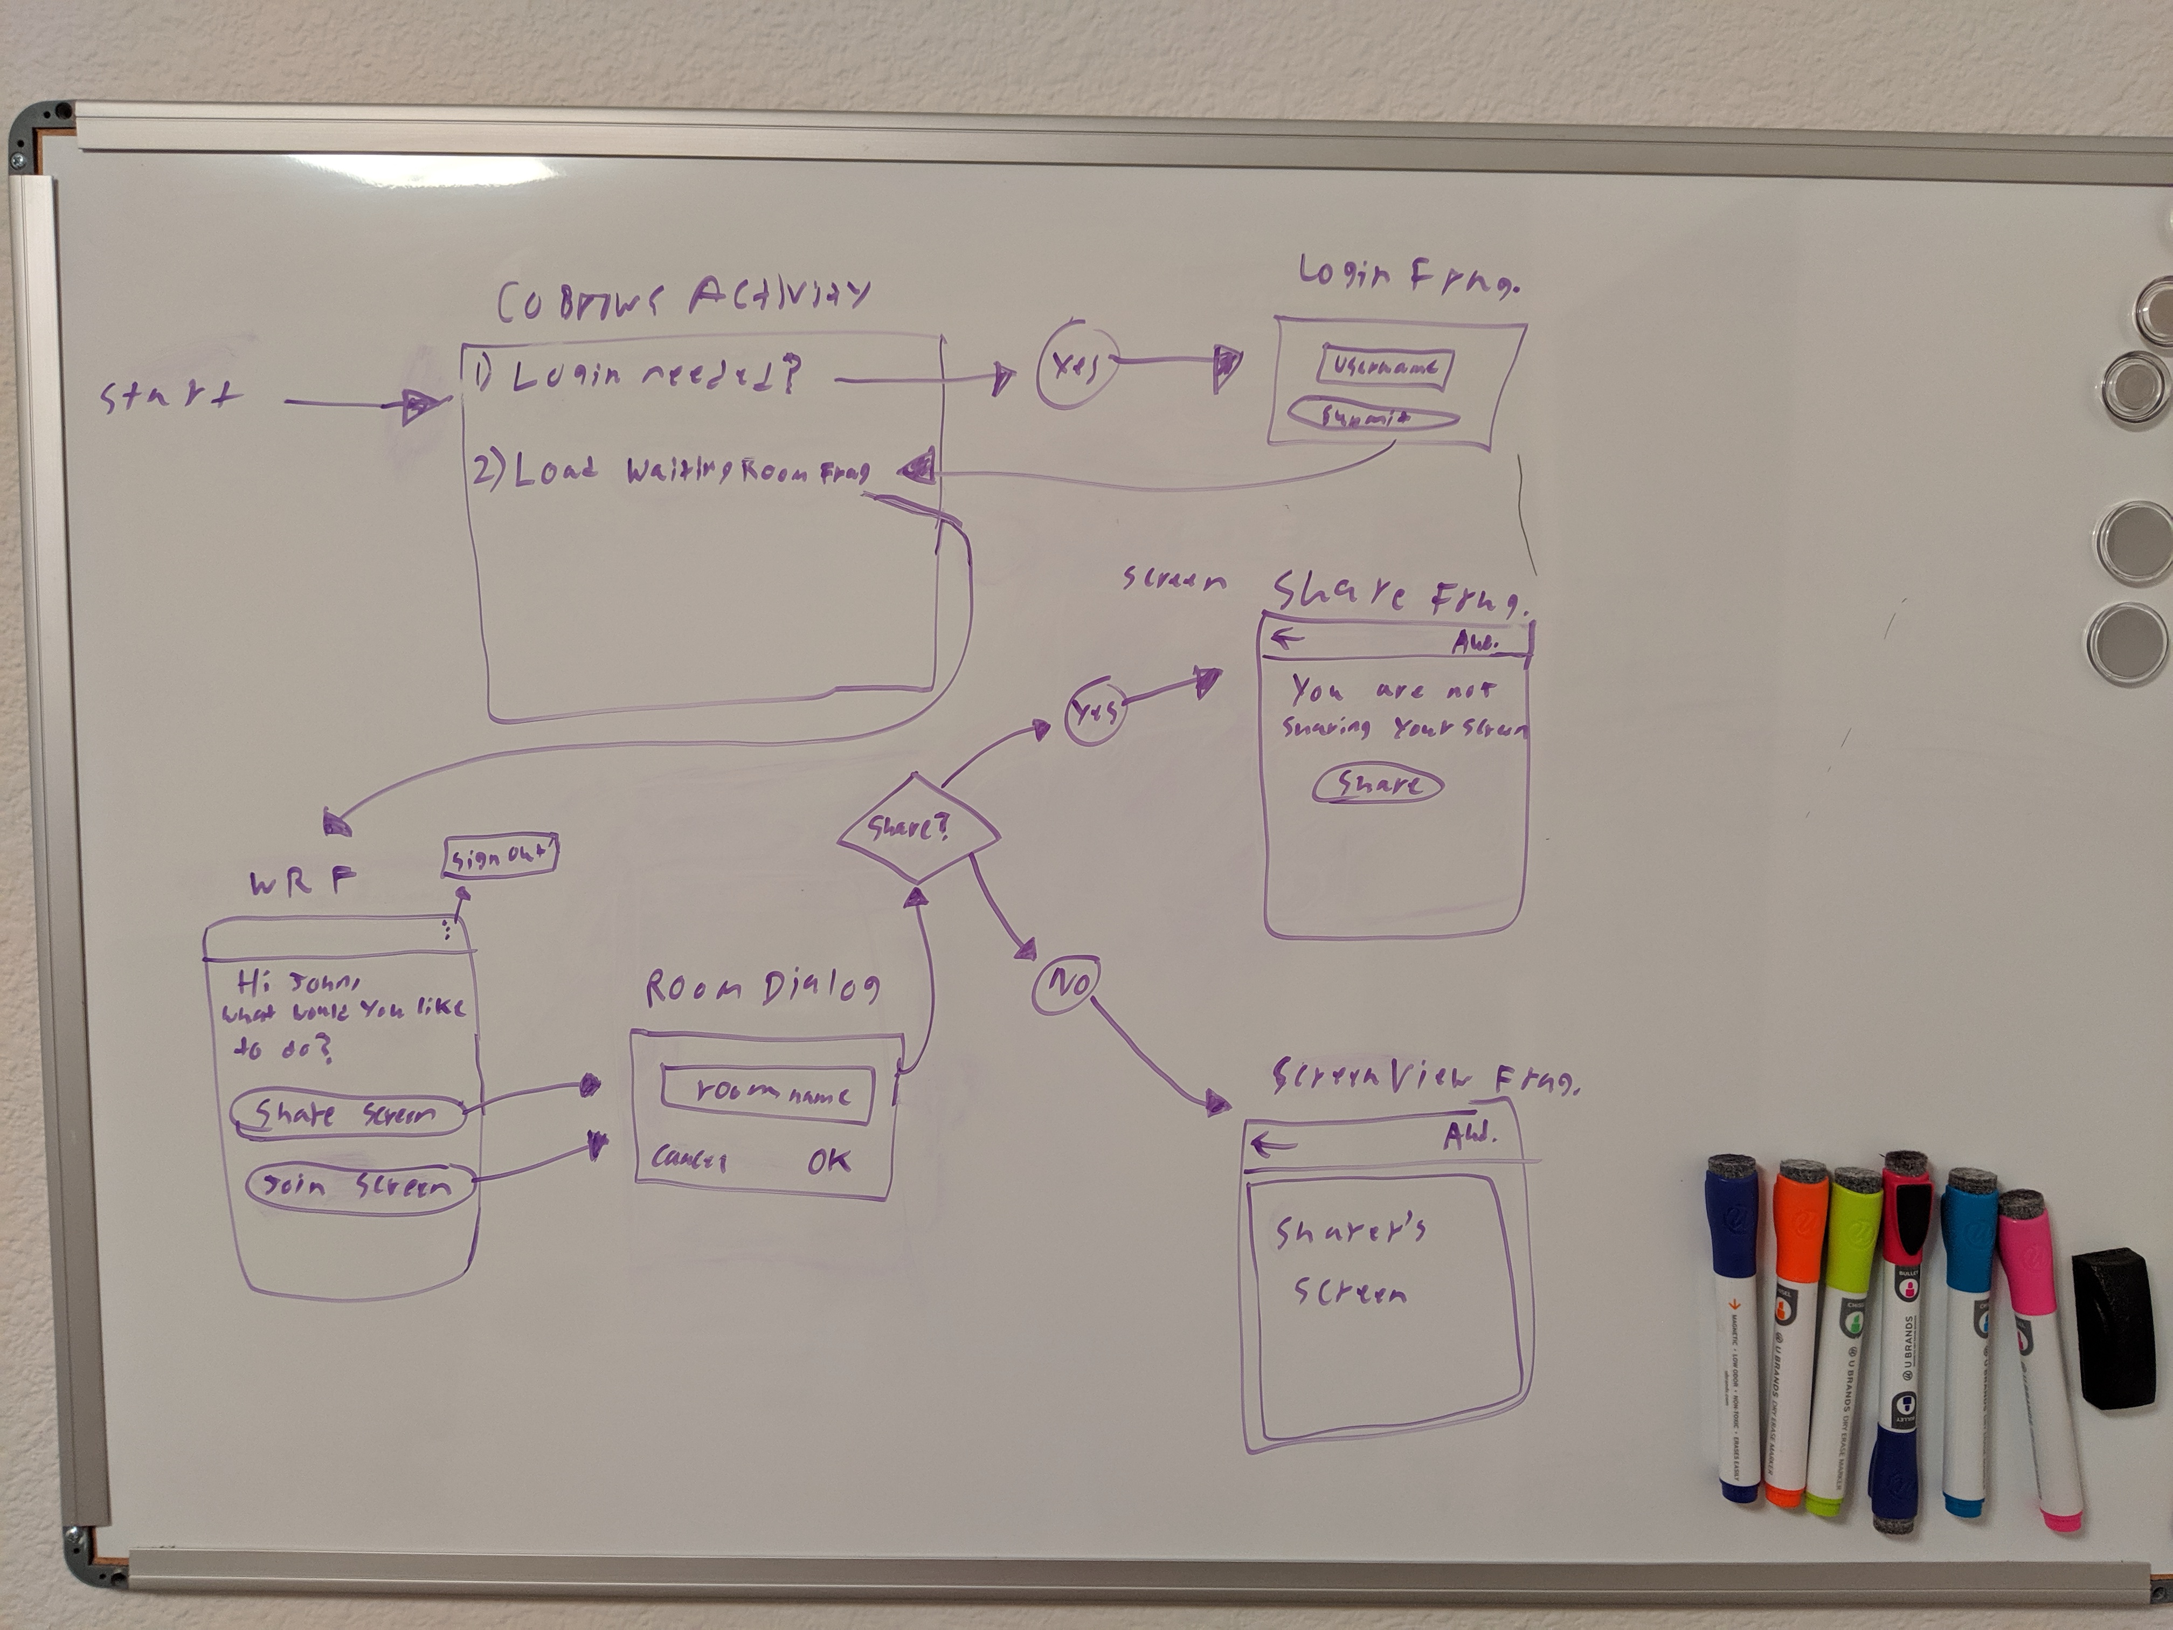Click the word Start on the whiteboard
170,396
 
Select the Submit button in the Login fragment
1372,417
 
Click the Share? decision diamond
917,829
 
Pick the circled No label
1065,984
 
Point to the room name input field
768,1094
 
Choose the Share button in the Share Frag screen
1378,785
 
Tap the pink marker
2038,1356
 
